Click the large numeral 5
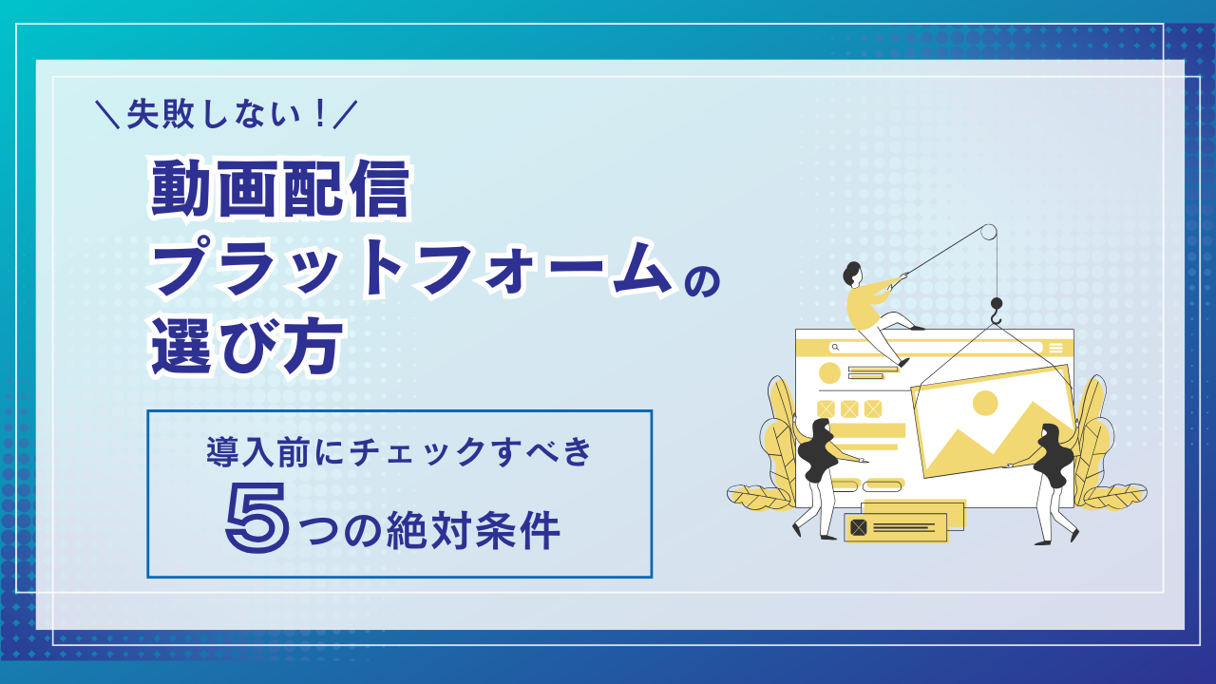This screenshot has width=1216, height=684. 257,521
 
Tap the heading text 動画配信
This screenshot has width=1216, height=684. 280,190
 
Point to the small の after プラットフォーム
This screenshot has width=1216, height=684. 702,283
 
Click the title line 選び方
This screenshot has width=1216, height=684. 246,347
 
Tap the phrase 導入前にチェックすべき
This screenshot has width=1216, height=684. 400,452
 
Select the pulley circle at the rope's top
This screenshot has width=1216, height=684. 989,232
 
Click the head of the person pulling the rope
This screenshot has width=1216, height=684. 852,273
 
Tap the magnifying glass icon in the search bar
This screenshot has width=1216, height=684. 835,348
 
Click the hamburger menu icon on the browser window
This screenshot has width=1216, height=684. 1055,348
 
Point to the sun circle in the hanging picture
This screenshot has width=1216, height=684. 985,403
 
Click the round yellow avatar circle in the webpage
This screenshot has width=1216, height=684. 829,373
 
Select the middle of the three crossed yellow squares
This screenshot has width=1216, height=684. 849,408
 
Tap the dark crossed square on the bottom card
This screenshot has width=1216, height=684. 859,527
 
